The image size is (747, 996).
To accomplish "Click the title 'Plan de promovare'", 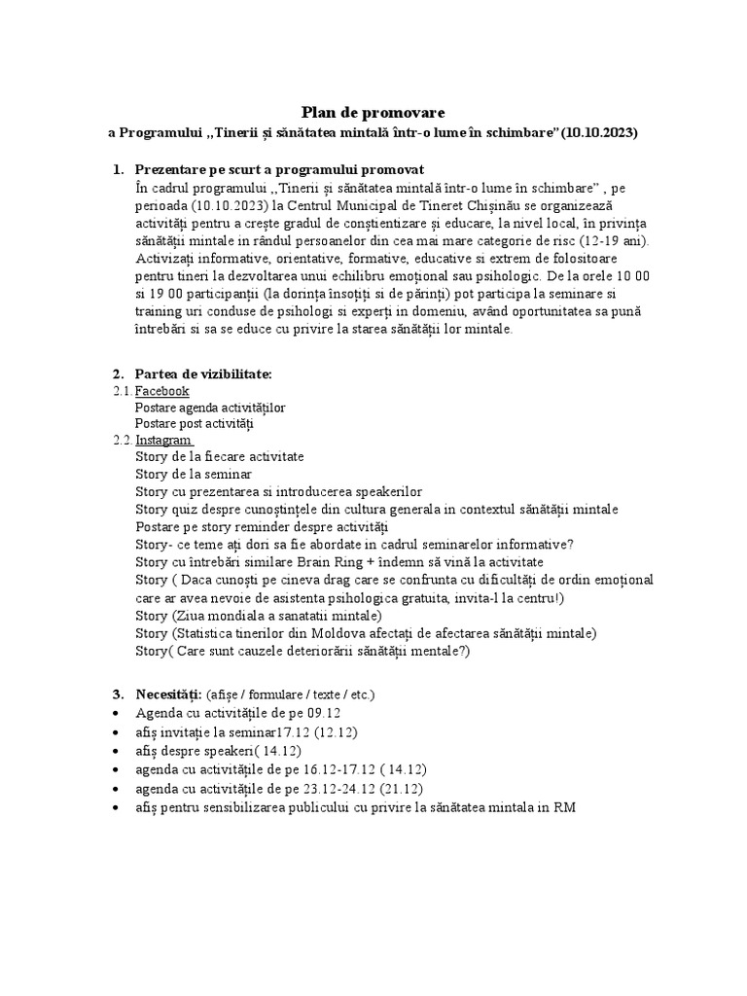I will coord(373,112).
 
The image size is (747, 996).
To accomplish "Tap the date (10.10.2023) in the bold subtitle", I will coord(600,132).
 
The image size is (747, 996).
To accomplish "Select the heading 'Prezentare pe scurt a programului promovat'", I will coord(279,169).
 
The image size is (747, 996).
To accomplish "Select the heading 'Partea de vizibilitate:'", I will coord(203,373).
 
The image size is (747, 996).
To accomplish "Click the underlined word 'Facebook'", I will coord(162,391).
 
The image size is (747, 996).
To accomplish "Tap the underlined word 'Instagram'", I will coord(164,440).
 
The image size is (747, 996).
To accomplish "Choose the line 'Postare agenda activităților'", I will coord(210,408).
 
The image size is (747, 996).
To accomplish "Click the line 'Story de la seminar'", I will coord(194,474).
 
